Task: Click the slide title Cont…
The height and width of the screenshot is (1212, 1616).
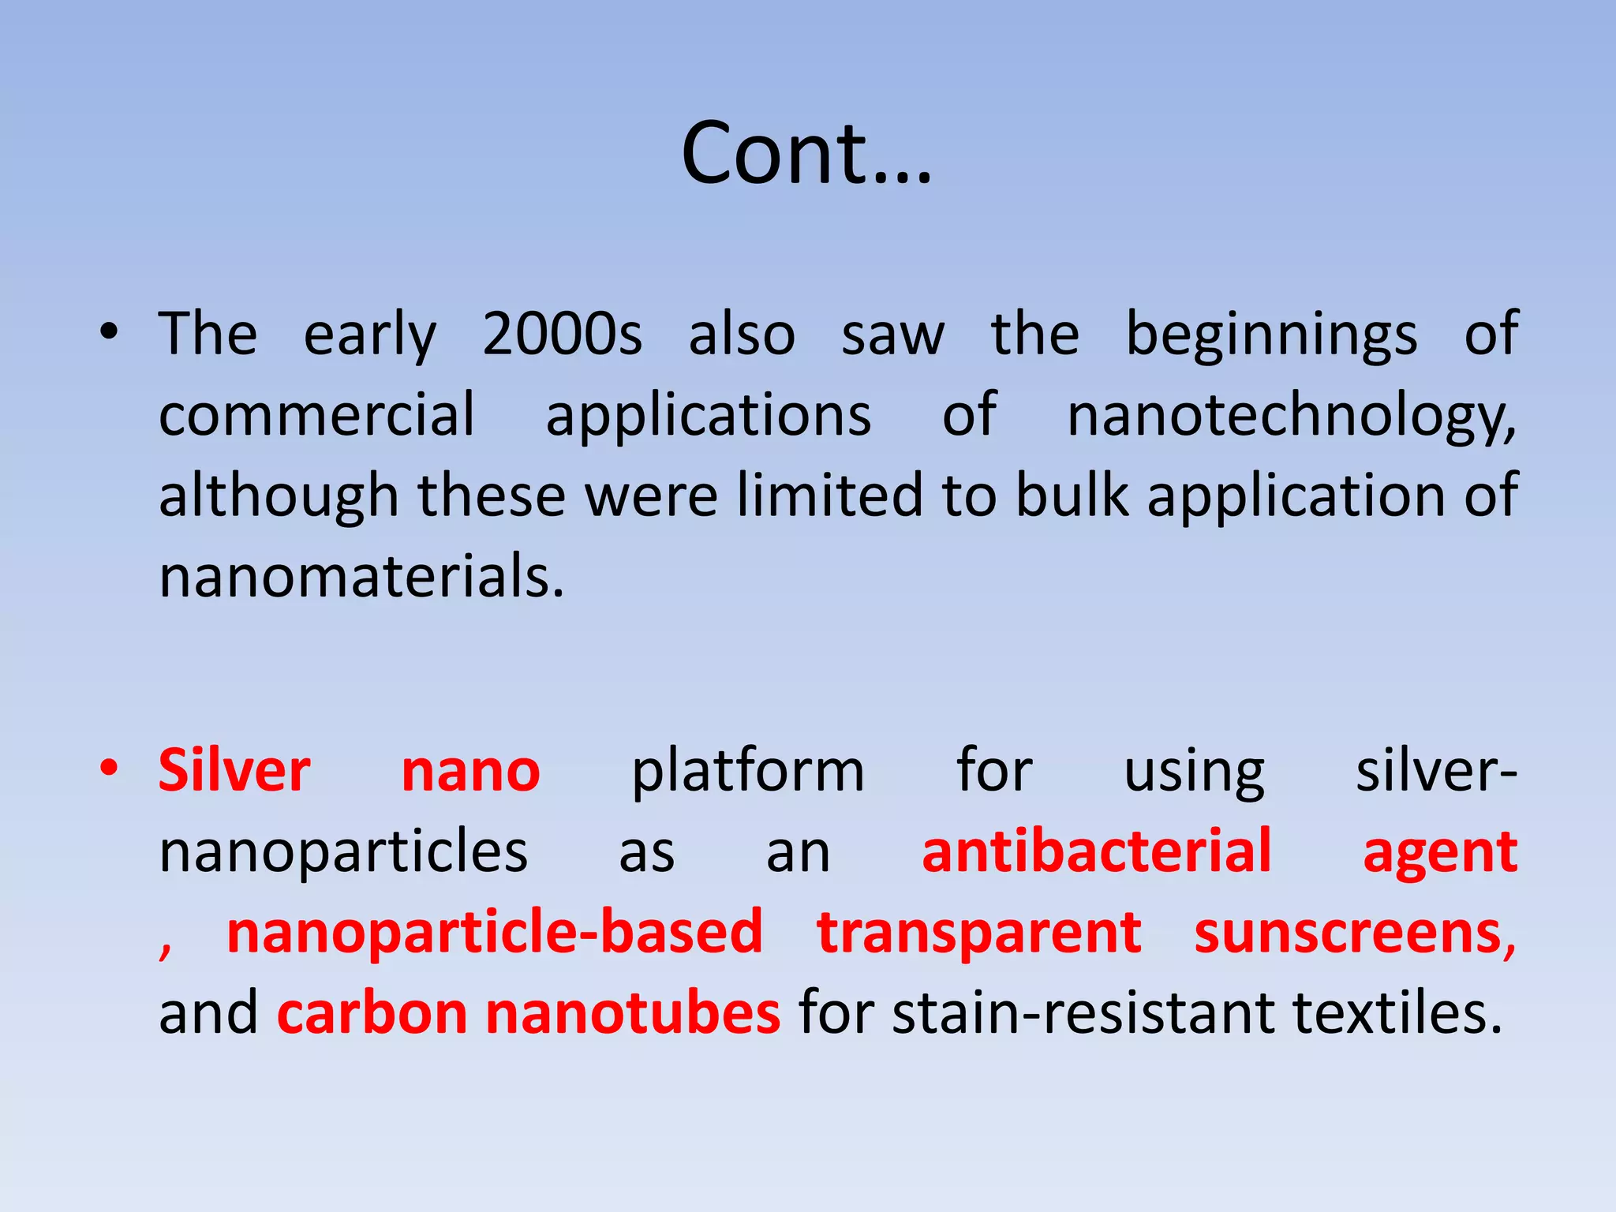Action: tap(806, 153)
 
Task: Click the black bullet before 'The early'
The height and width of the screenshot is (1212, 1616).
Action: tap(109, 332)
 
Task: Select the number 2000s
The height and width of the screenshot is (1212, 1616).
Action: tap(562, 334)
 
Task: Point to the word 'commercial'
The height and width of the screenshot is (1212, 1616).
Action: tap(316, 415)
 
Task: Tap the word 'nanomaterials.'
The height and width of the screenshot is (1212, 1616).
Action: tap(361, 577)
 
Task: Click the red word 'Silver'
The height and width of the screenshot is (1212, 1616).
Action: tap(234, 771)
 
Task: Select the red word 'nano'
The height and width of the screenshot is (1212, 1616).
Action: tap(470, 771)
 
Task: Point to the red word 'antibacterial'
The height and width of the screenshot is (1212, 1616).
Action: tap(1096, 851)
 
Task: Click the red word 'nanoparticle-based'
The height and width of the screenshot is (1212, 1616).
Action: tap(494, 933)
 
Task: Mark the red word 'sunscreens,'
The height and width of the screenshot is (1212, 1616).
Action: tap(1354, 933)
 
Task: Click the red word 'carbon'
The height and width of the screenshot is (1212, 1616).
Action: tap(372, 1014)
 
